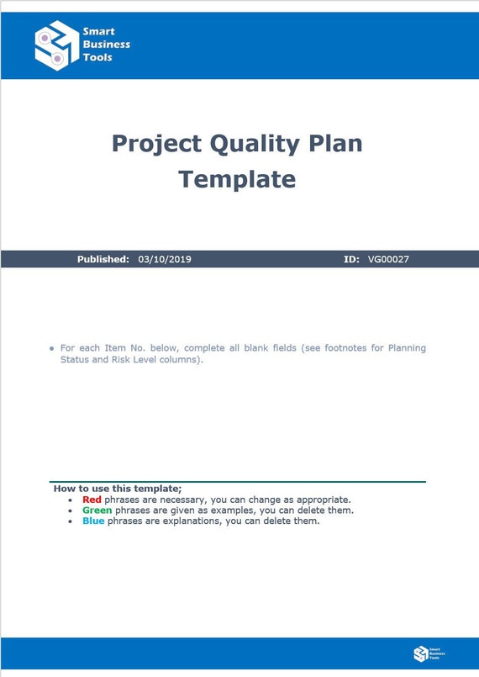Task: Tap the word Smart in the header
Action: [98, 32]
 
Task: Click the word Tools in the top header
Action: [97, 57]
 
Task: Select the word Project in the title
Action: [157, 143]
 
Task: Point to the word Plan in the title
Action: [335, 143]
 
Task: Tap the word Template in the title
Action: [237, 179]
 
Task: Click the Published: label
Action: [103, 259]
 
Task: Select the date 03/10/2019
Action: [165, 259]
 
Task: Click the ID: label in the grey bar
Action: [352, 259]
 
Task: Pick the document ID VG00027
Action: [388, 259]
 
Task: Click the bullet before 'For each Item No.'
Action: [52, 348]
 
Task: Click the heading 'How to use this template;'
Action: [118, 488]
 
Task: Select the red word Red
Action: [92, 500]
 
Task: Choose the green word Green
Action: [97, 510]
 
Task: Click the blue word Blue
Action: [93, 521]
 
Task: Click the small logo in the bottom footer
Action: [420, 653]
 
